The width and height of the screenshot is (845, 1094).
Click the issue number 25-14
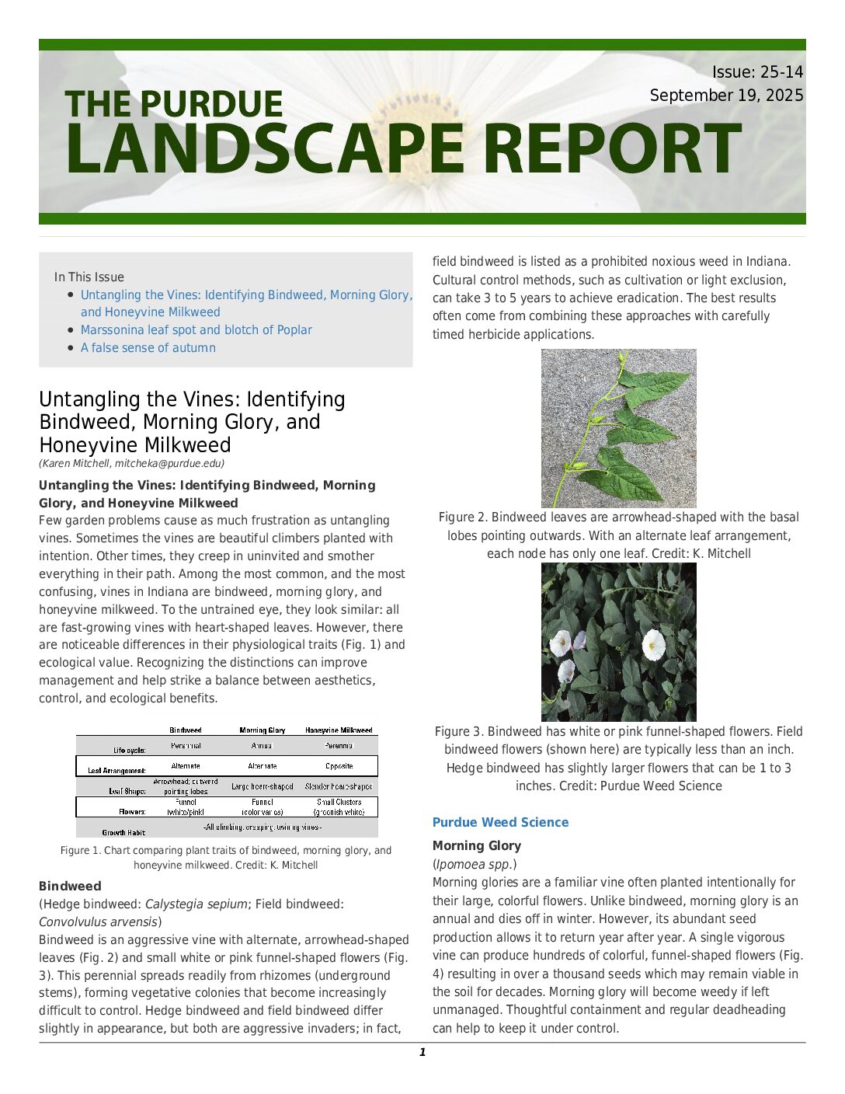point(781,72)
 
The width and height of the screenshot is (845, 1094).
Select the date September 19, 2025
point(726,96)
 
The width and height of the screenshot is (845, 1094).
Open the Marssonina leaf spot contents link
point(196,329)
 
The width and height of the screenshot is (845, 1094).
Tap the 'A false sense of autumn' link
point(148,347)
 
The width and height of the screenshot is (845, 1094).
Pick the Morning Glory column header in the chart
point(262,730)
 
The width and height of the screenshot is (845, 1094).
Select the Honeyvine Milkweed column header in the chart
point(339,730)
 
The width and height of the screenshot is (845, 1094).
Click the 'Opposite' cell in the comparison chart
point(339,766)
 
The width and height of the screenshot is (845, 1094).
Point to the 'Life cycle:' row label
point(130,751)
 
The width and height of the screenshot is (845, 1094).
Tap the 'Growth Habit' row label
point(123,832)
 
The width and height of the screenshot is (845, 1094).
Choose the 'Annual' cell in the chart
point(262,746)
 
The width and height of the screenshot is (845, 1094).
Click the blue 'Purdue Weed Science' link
point(500,822)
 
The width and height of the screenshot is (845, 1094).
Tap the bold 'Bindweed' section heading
point(70,886)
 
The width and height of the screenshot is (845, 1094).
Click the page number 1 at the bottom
point(422,1053)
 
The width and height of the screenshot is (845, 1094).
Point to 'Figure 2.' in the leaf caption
point(463,517)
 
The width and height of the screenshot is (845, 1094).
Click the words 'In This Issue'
point(89,277)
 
